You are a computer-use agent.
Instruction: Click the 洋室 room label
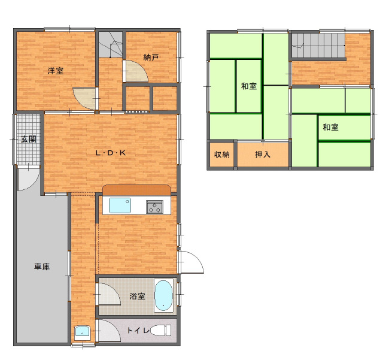(x=56, y=71)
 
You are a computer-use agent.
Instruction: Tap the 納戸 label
(x=151, y=58)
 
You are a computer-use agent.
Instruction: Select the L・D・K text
(x=111, y=153)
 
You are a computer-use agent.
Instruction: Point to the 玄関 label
(x=29, y=139)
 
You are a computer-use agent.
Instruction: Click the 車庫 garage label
(x=42, y=267)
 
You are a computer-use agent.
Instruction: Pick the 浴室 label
(x=137, y=296)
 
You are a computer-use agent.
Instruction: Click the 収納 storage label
(x=222, y=155)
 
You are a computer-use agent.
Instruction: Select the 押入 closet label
(x=263, y=155)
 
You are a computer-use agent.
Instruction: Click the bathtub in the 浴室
(x=163, y=295)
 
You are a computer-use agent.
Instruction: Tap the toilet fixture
(x=161, y=331)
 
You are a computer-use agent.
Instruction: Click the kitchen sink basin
(x=120, y=205)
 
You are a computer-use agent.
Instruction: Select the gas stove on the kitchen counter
(x=154, y=207)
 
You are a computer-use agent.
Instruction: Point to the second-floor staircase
(x=318, y=46)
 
